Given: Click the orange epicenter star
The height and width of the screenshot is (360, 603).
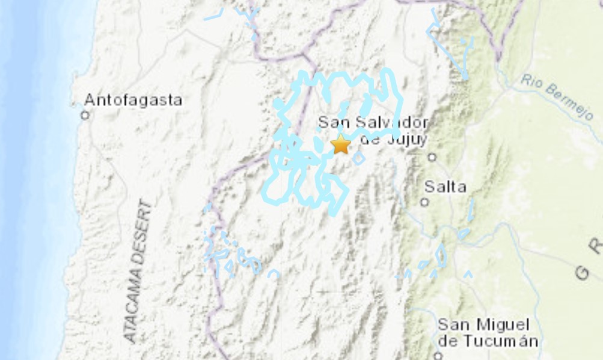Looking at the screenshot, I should pos(341,144).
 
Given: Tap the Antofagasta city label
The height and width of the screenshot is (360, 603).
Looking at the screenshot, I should pos(133,100).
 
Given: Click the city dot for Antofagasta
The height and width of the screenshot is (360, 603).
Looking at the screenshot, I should pos(85,114).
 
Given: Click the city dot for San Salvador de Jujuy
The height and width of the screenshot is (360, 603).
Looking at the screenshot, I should pos(432,157).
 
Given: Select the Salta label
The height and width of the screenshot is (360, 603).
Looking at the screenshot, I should pos(445,187).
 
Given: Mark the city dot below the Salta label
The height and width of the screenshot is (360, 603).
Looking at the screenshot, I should pos(425,202).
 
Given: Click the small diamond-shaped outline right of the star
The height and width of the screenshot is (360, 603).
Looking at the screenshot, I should pos(358,158).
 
